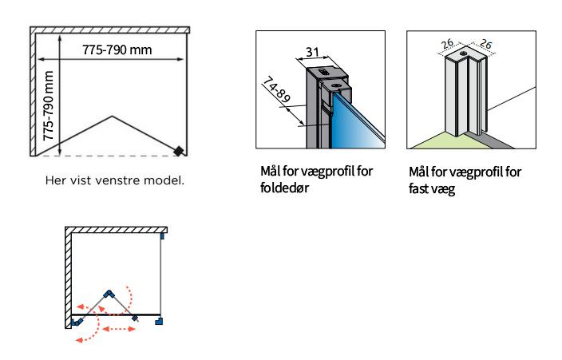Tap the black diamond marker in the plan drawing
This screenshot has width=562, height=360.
tap(181, 150)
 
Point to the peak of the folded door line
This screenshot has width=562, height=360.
tap(110, 117)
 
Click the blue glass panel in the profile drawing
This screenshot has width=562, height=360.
tap(362, 120)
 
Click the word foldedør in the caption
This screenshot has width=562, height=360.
tap(284, 189)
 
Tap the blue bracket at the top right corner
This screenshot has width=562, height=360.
tap(162, 235)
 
